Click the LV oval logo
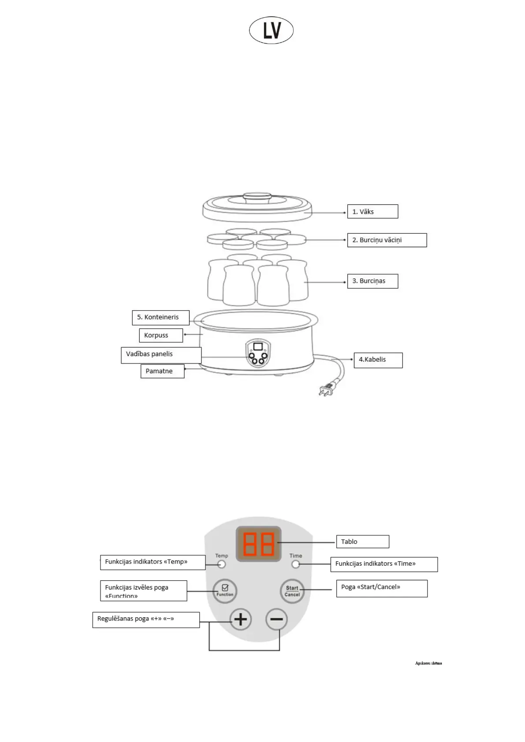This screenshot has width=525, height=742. click(271, 30)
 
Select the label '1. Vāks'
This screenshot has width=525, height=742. click(372, 211)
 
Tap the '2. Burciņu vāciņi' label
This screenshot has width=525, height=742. click(387, 240)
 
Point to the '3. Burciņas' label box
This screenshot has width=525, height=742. click(372, 281)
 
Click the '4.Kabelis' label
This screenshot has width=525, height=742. click(378, 360)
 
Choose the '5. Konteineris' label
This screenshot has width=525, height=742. click(160, 317)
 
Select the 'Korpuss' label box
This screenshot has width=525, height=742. click(160, 335)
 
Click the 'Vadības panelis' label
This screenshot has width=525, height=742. click(161, 355)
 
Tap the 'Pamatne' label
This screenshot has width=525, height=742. click(162, 371)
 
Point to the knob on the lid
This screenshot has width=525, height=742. click(258, 197)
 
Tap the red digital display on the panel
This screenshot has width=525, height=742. click(259, 544)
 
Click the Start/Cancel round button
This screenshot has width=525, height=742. click(292, 591)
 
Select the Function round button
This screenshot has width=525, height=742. click(225, 590)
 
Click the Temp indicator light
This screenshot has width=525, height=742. click(222, 564)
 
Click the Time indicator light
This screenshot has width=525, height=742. click(295, 564)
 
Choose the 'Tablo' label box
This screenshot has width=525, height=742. click(362, 542)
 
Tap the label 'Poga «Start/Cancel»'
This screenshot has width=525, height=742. click(381, 588)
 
